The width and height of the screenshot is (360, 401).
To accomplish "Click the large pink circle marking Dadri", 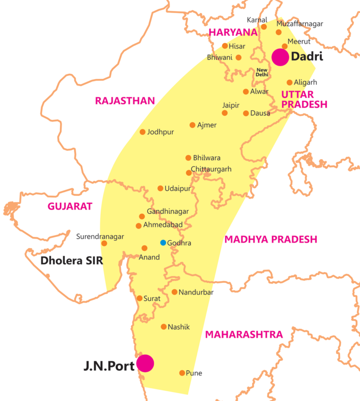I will point(280,58).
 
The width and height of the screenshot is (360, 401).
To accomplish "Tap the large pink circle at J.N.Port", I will point(145,363).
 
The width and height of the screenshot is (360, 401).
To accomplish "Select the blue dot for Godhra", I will point(163,243).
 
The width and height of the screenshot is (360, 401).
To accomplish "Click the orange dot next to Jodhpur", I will point(143,132).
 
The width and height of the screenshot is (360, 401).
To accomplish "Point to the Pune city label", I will point(194,373).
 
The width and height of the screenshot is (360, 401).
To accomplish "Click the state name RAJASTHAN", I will point(125,101).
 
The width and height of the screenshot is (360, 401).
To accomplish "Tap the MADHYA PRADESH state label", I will point(270,239).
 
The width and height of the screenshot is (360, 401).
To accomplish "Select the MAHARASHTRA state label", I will point(244,334).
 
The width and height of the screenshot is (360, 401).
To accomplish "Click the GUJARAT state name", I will point(70,206).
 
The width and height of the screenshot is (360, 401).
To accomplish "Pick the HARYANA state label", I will point(233,32).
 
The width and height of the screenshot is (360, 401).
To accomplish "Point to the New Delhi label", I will point(262,72).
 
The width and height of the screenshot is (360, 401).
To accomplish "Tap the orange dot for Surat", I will point(139,298).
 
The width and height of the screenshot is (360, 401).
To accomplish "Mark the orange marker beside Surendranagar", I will point(104,243).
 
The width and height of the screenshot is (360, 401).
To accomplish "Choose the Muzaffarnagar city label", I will point(300,24).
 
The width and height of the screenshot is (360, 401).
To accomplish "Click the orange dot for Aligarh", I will point(290,82).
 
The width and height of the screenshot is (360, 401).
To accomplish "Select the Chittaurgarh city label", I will point(211,169).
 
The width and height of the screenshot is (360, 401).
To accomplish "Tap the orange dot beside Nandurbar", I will point(174,292).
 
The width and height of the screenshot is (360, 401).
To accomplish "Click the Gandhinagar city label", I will point(168,212).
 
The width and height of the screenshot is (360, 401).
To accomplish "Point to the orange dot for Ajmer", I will point(192,125).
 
